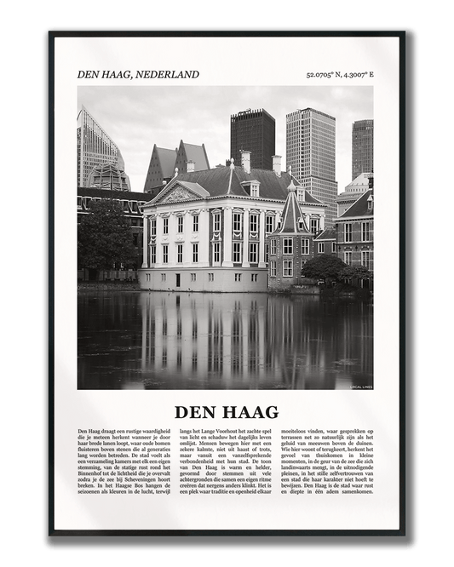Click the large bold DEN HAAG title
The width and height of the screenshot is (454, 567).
click(227, 412)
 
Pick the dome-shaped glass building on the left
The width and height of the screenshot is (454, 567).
click(110, 177)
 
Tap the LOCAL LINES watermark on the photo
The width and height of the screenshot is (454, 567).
click(360, 387)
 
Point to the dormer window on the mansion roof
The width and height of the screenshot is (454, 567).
click(250, 188)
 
